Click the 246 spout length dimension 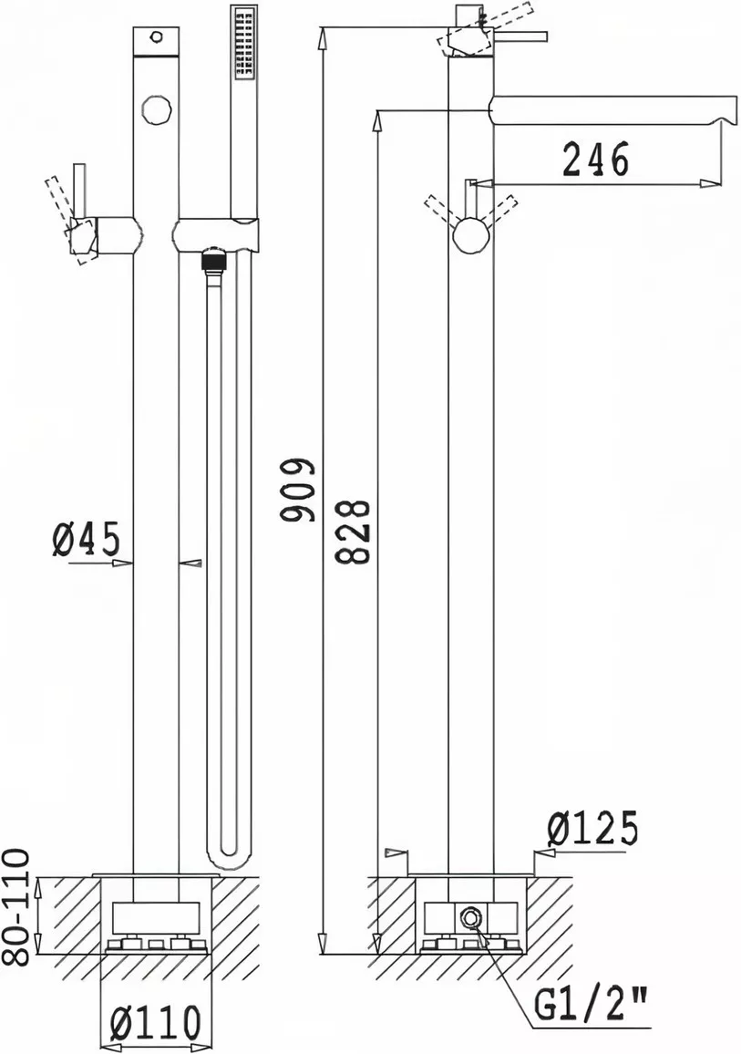point(595,159)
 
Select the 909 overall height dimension point(298,491)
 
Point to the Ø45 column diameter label point(86,539)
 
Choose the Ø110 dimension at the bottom point(155,1024)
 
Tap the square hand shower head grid point(242,45)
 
